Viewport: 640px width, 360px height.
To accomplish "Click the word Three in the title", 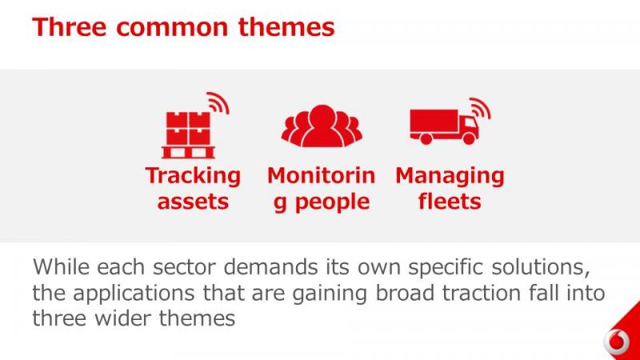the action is [70, 27].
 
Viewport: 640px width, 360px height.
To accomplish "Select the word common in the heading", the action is [172, 28].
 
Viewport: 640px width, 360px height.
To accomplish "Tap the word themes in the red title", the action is [286, 27].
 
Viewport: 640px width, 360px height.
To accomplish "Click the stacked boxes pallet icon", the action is [188, 134].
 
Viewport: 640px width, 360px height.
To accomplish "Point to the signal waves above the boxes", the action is [218, 103].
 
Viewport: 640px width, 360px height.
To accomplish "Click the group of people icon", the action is [322, 126].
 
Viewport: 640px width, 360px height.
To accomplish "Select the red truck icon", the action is [444, 126].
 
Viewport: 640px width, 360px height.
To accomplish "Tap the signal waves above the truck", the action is [480, 109].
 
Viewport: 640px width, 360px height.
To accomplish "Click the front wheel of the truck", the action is [469, 138].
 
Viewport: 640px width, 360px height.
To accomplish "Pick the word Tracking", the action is [193, 176].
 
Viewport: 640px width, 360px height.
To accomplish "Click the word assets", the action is [193, 202].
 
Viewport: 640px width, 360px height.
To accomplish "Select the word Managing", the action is [450, 176].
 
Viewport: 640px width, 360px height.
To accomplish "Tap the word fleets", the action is [450, 201].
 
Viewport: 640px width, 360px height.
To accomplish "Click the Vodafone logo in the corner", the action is [617, 341].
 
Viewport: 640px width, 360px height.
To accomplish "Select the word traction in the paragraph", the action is [482, 293].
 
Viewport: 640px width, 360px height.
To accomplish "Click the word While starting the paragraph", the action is [62, 267].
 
